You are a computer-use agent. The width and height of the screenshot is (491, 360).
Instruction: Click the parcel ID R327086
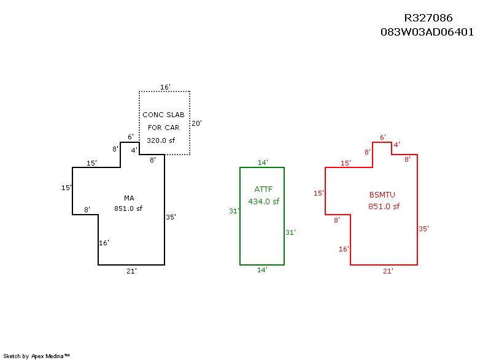428,18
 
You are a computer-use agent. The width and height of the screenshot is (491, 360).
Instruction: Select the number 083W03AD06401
427,32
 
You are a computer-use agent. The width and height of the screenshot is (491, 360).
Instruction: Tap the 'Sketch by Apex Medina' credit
36,356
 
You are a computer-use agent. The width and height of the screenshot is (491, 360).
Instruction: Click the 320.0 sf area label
161,140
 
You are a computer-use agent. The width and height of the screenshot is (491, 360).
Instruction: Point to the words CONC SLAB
163,115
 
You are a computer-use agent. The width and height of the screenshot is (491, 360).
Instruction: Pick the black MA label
129,198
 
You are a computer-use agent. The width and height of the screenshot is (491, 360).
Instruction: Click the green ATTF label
263,190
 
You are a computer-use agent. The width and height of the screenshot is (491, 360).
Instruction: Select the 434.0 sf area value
264,201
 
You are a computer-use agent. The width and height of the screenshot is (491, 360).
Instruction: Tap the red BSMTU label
382,195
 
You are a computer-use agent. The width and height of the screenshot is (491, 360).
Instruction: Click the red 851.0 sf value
384,207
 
